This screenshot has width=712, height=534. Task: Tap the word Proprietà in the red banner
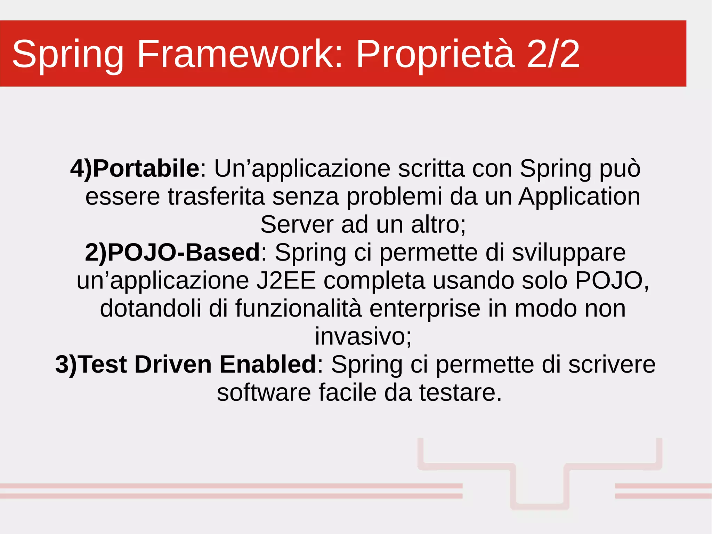(x=435, y=54)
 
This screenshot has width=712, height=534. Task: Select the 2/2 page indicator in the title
(x=553, y=54)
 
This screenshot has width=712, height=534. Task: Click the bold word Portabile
(x=146, y=169)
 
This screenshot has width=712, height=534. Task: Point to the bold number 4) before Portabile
(x=81, y=169)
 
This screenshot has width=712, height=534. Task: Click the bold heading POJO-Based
(x=184, y=253)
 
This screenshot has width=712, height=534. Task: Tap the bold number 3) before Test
(x=66, y=365)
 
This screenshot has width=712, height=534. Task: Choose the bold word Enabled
(x=267, y=365)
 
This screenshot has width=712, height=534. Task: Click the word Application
(x=579, y=197)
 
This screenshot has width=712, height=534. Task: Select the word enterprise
(x=425, y=309)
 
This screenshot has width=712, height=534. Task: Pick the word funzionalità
(x=298, y=309)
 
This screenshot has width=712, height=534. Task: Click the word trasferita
(x=216, y=197)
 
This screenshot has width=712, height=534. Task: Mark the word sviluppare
(x=569, y=253)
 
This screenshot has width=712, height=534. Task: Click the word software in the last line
(x=264, y=393)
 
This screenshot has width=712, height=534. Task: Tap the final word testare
(x=460, y=393)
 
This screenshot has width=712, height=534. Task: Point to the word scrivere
(x=612, y=365)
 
